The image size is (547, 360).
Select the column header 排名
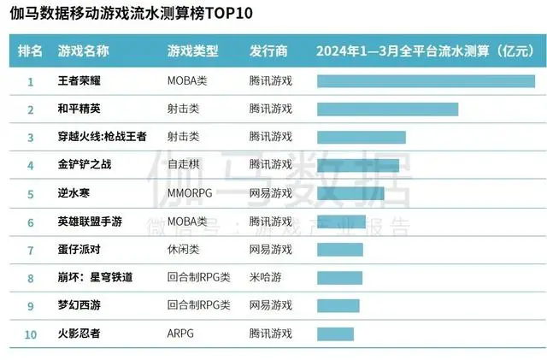click(30, 51)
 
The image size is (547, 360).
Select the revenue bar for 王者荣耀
click(426, 81)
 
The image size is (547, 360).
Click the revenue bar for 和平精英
click(387, 109)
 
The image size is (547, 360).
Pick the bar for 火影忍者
click(335, 333)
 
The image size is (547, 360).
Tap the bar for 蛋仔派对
click(339, 250)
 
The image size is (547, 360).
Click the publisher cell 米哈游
click(265, 278)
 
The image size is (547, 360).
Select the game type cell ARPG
click(181, 333)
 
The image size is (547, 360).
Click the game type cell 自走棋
click(183, 165)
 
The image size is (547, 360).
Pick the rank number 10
click(31, 333)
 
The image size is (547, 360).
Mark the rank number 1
click(31, 81)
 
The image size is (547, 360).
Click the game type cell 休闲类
click(183, 250)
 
